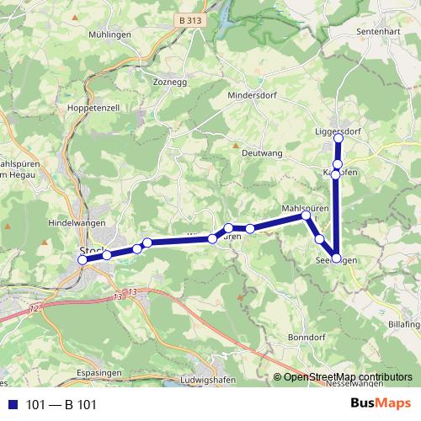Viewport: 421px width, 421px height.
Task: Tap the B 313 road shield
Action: (x=192, y=19)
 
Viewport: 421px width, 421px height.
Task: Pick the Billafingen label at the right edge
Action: (x=405, y=322)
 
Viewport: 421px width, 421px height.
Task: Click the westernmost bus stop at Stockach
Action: (x=83, y=261)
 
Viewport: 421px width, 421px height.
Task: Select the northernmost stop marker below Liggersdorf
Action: (x=337, y=164)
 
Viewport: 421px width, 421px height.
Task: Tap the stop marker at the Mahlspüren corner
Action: (x=306, y=216)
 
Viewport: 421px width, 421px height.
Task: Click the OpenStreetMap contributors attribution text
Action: (x=347, y=377)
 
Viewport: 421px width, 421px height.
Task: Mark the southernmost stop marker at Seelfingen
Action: (x=337, y=258)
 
